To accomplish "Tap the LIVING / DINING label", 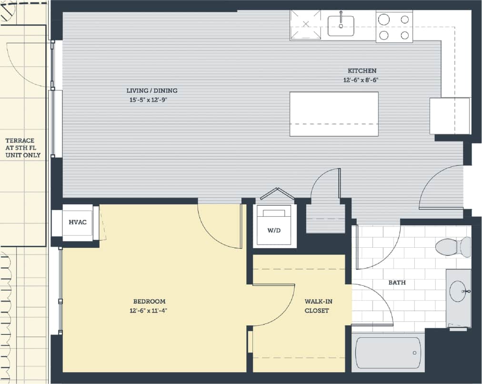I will pos(151,91).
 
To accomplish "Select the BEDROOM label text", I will pos(149,301).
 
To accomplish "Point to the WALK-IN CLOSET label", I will pos(317,306).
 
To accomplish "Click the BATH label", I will pos(397,283).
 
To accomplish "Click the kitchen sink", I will pos(341,24).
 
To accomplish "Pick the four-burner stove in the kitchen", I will pos(394,27).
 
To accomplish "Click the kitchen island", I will pos(334,114).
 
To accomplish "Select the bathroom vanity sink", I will pos(458,290).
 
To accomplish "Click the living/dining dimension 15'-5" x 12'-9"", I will pos(151,100).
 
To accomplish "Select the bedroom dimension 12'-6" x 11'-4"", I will pos(149,311).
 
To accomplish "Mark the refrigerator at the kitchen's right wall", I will pos(450,116).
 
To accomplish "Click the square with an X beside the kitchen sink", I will pos(306,25).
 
